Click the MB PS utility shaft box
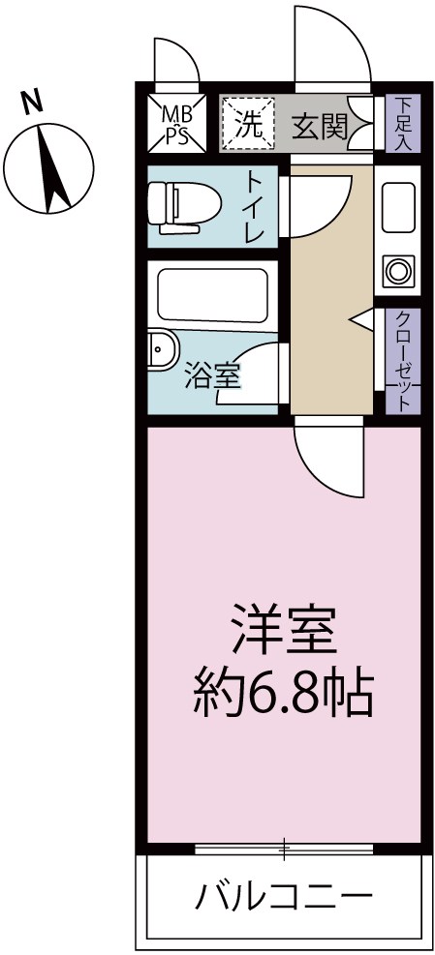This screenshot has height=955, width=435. click(x=175, y=123)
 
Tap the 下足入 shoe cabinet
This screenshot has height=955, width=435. click(x=400, y=123)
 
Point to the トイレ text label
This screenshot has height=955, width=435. click(x=256, y=208)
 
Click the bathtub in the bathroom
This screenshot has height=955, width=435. click(x=210, y=295)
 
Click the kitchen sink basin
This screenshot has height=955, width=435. click(x=398, y=206)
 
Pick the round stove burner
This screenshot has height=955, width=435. click(x=398, y=270)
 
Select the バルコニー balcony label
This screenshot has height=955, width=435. click(x=283, y=899)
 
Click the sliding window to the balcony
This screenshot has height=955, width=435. click(x=284, y=851)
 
